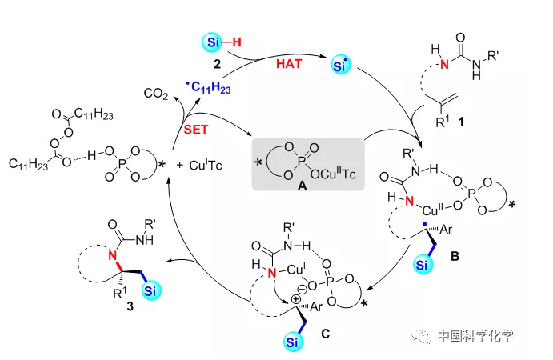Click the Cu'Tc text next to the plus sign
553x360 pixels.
pos(213,164)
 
